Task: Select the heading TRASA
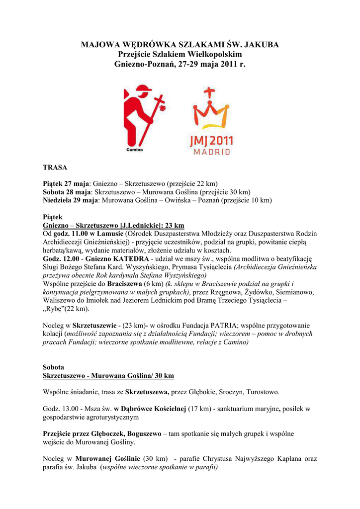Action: pyautogui.click(x=55, y=168)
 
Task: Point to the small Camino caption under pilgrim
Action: pyautogui.click(x=135, y=149)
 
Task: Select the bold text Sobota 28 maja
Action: pyautogui.click(x=67, y=192)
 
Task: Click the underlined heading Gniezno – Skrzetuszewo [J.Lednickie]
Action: pyautogui.click(x=113, y=225)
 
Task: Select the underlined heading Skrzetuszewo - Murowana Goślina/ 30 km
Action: pyautogui.click(x=108, y=375)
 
